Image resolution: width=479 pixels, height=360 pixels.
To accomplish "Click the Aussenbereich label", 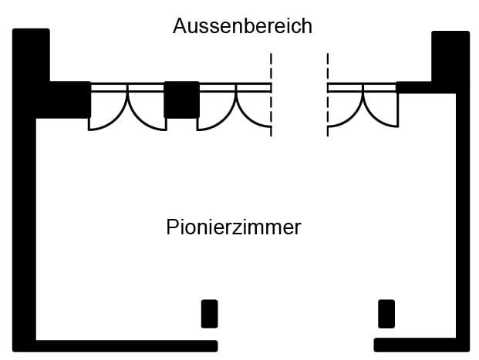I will pos(242,26).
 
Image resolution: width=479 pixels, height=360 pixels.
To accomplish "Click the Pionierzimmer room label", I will pos(233,228).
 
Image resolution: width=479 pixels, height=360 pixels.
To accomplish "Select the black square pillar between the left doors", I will pos(182,99).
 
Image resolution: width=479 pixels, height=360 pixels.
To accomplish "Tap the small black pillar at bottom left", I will pos(209,314).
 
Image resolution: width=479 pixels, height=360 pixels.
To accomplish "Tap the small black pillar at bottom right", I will pos(386,314).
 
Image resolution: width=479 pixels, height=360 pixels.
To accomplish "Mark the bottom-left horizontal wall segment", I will pos(123,345).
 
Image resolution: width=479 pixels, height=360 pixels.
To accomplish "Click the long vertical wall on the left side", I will pos(24,231).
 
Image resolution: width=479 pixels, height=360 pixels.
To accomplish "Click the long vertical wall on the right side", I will pos(462,231).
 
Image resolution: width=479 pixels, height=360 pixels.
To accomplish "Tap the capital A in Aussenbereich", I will pos(180,26).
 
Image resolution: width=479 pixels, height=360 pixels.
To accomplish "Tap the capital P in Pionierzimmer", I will pos(173,228).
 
